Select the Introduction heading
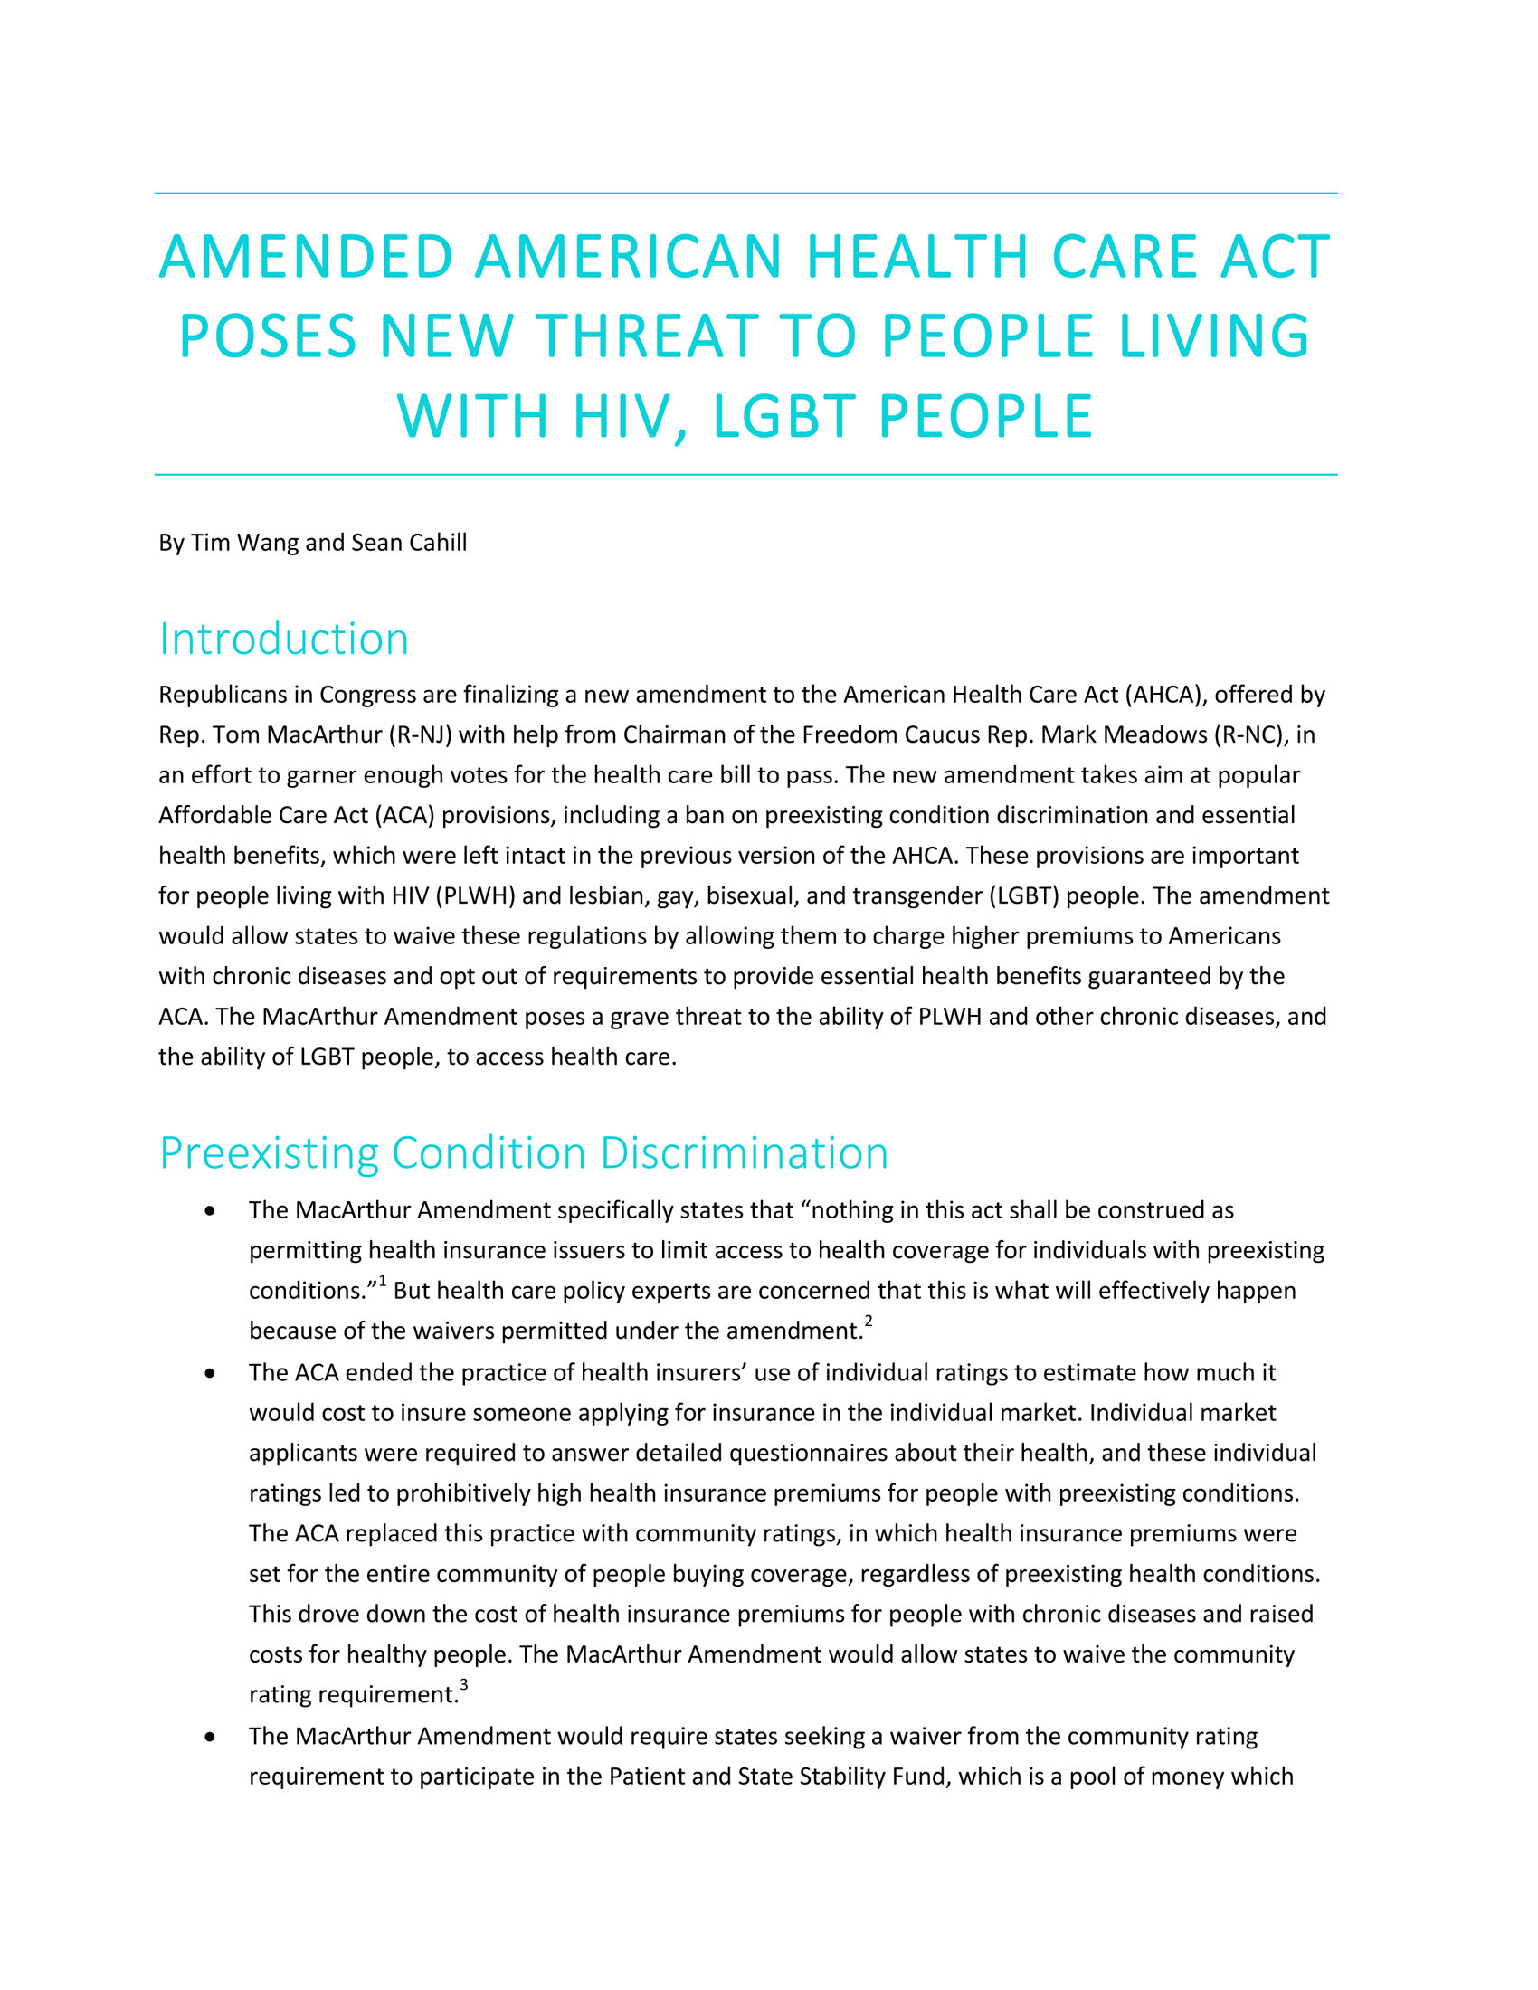tap(283, 639)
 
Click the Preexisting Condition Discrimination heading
tap(524, 1152)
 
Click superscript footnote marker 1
tap(383, 1281)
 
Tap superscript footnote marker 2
tap(869, 1322)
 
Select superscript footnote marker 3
tap(464, 1685)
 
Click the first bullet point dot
tap(211, 1211)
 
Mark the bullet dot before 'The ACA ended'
tap(211, 1373)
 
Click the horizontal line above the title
tap(745, 194)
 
